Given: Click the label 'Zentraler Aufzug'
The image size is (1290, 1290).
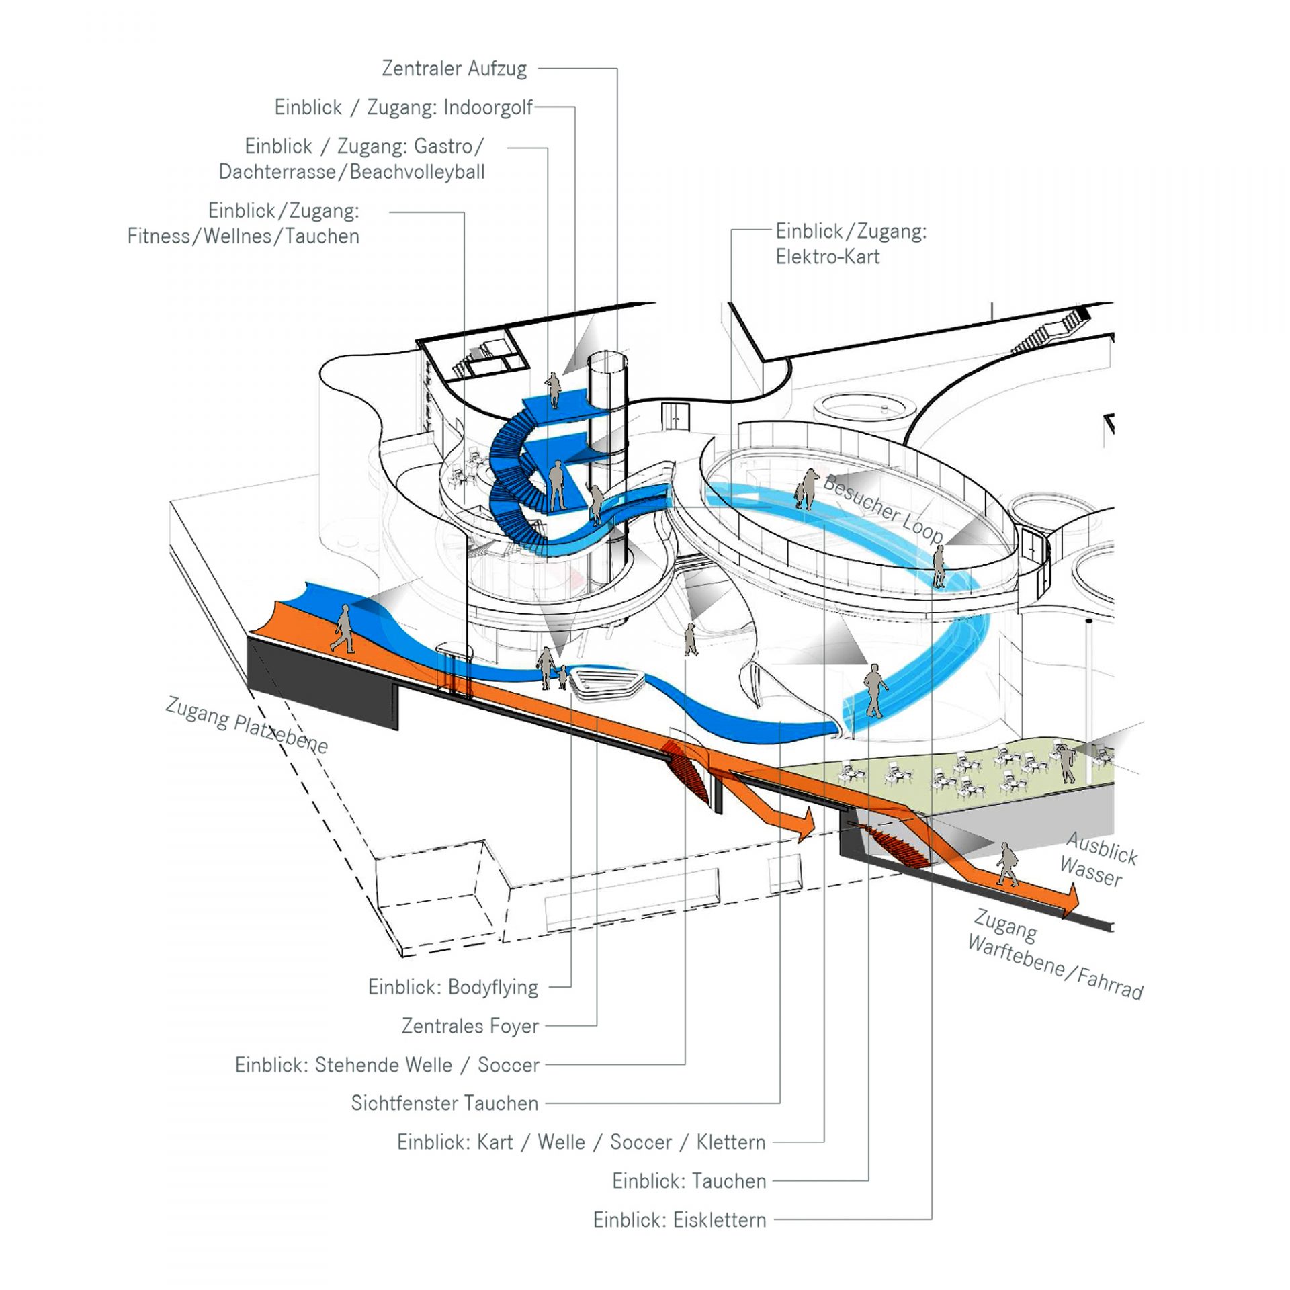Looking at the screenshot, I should click(454, 69).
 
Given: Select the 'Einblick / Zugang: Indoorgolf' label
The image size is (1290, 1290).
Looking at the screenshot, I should click(403, 107).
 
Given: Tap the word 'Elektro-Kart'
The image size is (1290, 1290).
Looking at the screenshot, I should click(827, 257).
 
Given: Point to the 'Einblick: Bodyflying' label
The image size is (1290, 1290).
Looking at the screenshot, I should click(453, 987).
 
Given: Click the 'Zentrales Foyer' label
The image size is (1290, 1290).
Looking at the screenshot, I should click(470, 1026).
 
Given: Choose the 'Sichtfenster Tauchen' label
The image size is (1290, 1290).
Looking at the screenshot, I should click(444, 1103).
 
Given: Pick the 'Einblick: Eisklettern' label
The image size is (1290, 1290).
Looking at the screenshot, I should click(679, 1220).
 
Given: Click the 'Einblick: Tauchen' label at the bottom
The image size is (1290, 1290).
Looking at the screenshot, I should click(689, 1181).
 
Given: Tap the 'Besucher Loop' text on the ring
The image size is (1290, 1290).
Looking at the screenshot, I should click(883, 508).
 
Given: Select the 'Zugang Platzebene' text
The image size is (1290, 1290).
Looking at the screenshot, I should click(247, 726).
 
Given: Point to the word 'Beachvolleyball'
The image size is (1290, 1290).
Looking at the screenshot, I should click(417, 172).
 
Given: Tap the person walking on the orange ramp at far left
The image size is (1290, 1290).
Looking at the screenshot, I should click(343, 629).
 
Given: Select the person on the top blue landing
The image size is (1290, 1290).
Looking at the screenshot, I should click(553, 390).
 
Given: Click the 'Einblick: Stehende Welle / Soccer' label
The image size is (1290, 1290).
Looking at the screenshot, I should click(387, 1065).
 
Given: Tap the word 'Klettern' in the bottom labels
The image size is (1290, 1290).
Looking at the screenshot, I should click(730, 1142).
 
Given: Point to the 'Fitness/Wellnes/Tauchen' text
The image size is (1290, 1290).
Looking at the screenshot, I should click(243, 236).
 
